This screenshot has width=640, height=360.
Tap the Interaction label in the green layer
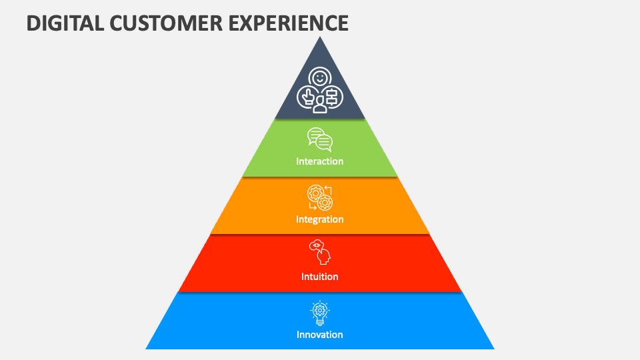coord(320,161)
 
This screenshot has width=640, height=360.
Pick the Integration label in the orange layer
coord(320,219)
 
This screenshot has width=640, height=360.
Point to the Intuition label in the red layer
coord(320,277)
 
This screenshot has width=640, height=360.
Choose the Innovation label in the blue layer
coord(320,335)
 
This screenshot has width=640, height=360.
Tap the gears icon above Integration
coord(320,198)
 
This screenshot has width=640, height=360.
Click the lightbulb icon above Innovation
coord(320,311)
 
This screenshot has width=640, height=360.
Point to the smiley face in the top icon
coord(320,78)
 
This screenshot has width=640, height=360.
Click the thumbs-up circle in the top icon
coord(307,97)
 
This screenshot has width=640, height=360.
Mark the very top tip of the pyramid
coord(320,37)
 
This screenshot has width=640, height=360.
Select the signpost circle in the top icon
coord(332,96)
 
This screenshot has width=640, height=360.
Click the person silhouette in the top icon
coord(320,106)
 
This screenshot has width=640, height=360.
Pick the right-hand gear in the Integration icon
coord(325,202)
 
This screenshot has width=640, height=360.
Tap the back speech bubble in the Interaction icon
coord(315,135)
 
